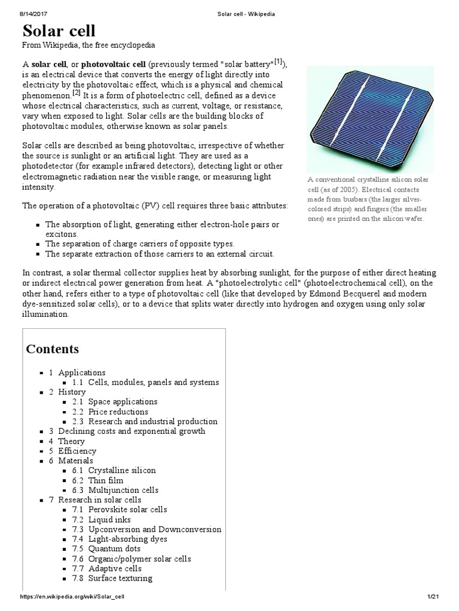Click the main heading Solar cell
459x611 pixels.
[x=59, y=32]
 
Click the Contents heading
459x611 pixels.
[x=53, y=348]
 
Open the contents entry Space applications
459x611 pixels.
[x=123, y=402]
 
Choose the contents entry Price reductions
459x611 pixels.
[x=118, y=412]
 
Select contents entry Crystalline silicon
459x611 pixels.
[x=122, y=470]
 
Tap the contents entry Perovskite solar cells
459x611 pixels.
[x=127, y=510]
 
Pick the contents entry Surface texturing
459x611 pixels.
[x=120, y=578]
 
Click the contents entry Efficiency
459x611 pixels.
[x=76, y=450]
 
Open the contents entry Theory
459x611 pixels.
[x=71, y=441]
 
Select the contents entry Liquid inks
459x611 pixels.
[x=109, y=519]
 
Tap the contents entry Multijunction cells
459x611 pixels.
[x=123, y=490]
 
